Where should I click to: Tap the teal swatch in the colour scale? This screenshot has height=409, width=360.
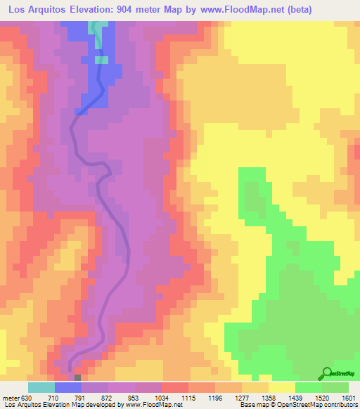click(41, 387)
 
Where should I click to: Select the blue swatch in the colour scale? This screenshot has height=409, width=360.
click(68, 387)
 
